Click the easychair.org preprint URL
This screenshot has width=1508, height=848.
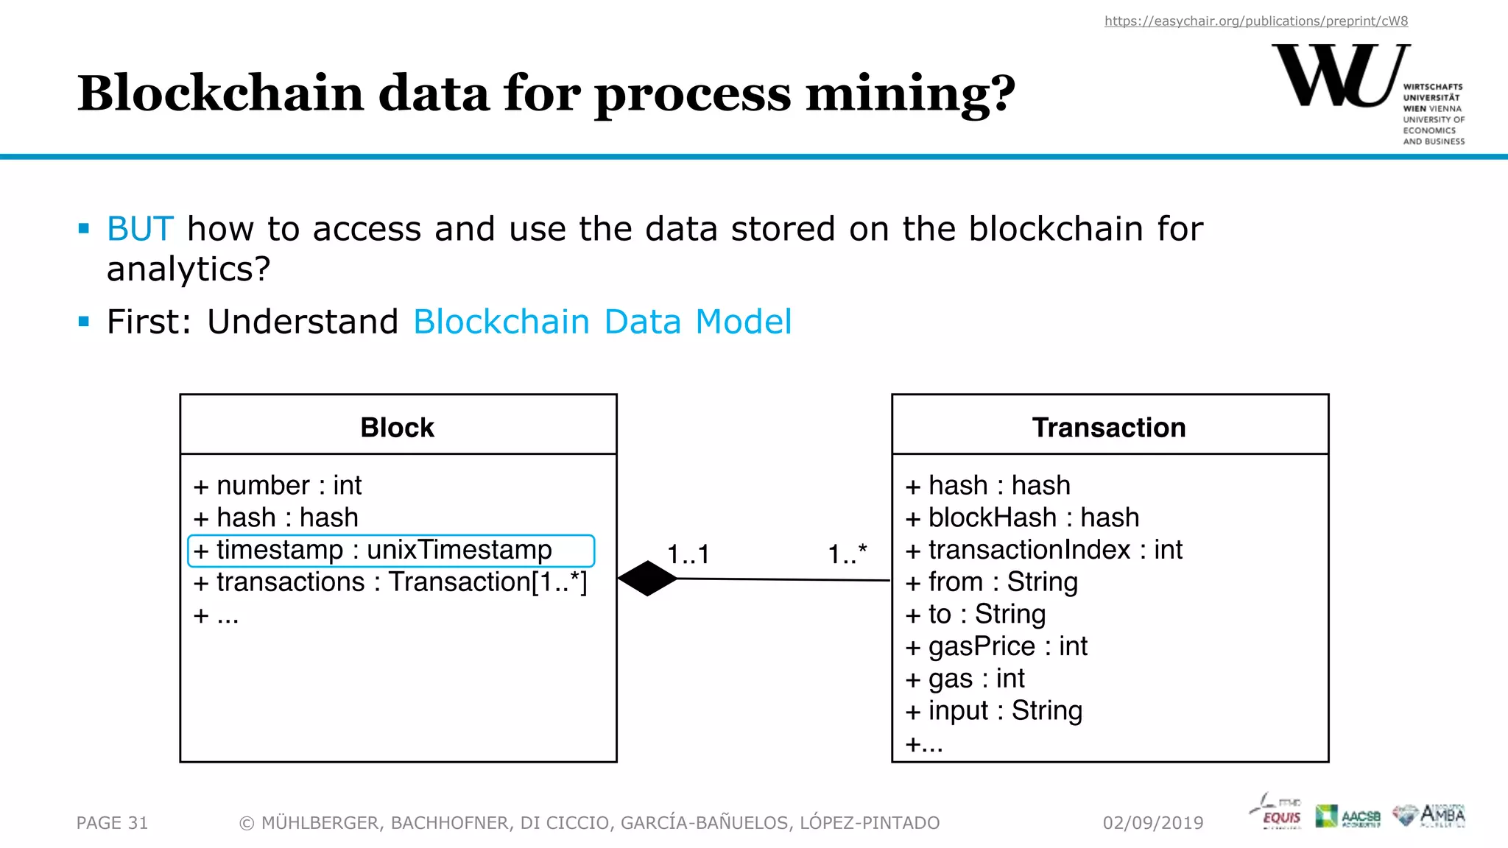1255,21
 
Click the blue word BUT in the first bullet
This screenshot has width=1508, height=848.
140,229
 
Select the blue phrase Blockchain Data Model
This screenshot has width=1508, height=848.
602,322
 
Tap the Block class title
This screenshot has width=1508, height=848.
398,428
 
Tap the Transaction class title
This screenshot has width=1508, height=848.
1109,428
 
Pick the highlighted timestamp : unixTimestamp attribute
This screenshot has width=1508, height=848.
390,551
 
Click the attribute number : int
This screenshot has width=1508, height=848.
278,486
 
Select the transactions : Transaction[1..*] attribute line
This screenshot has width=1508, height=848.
390,582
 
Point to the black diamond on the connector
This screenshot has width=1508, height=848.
647,579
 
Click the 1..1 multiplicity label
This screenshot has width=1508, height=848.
688,554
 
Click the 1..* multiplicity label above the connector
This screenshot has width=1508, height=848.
848,554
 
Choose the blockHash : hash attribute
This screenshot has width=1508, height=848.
1022,518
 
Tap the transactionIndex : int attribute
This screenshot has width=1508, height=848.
1043,550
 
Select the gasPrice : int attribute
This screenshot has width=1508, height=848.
996,646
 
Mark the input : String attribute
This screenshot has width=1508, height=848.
994,711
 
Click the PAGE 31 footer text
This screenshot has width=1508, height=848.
112,823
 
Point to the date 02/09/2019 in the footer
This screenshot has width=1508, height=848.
1153,823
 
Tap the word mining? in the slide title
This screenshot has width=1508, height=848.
910,94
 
